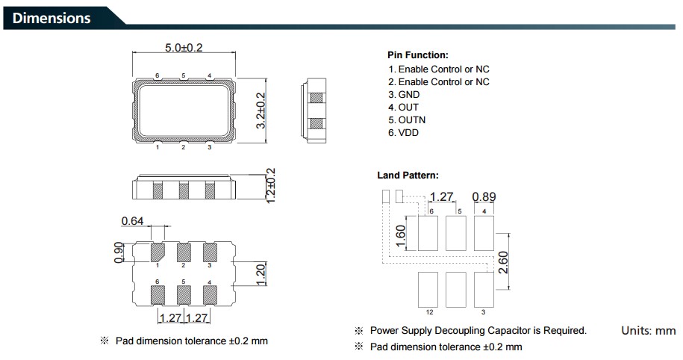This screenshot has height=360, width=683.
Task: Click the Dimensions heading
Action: [52, 18]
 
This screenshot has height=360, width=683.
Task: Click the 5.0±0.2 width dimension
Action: [184, 48]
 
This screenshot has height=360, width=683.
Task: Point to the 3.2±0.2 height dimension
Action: [261, 111]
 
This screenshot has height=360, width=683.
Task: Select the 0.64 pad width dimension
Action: [132, 221]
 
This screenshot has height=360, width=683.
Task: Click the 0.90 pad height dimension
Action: [118, 253]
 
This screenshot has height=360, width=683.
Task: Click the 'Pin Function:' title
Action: [417, 55]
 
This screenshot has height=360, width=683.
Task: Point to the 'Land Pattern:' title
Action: [408, 176]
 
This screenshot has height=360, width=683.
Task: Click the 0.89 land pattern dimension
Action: [484, 197]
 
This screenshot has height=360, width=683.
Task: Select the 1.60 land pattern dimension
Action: [400, 236]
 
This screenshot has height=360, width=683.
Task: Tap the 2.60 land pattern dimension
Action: [504, 261]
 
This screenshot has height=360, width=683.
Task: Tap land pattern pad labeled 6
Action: [428, 233]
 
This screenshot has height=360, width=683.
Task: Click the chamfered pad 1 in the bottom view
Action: [158, 252]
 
